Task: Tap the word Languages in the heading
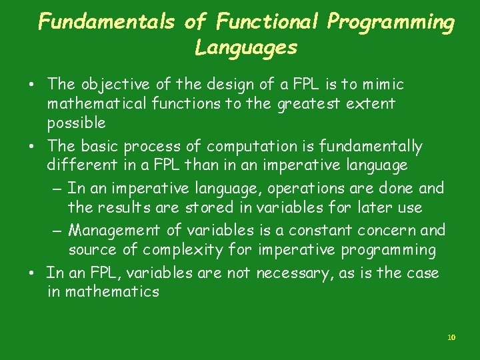click(x=245, y=48)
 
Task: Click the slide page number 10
click(x=451, y=338)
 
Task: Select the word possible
click(x=76, y=123)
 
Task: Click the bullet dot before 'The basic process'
click(x=31, y=147)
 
